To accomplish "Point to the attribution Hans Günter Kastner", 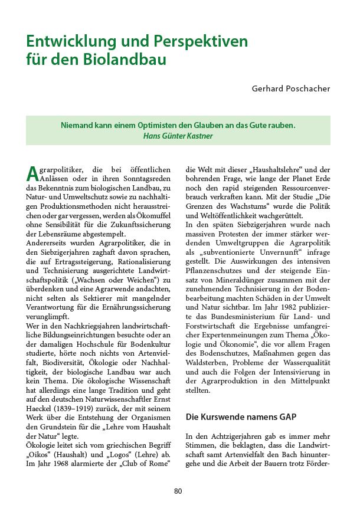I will (178, 135).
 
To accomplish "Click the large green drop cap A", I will (32, 173).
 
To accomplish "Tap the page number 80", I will (179, 491).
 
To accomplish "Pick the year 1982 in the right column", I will (298, 307).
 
